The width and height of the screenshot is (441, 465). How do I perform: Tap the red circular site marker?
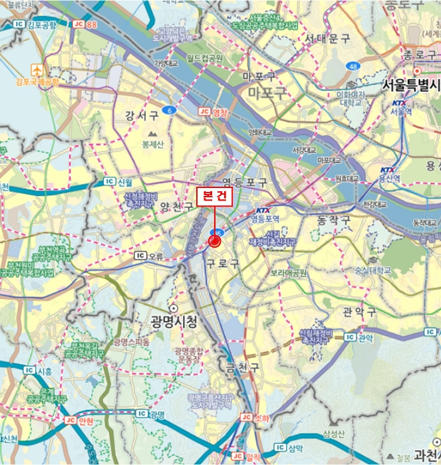coord(215,242)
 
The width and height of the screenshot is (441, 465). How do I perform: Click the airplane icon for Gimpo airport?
coord(37,70)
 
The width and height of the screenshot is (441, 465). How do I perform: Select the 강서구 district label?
coord(142,116)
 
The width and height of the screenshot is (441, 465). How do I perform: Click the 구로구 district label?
coord(222,263)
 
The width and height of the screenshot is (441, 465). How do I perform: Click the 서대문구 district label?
coord(327,39)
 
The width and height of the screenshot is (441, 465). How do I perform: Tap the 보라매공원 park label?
coord(288,272)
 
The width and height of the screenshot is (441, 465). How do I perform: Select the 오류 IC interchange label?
coord(148,254)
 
